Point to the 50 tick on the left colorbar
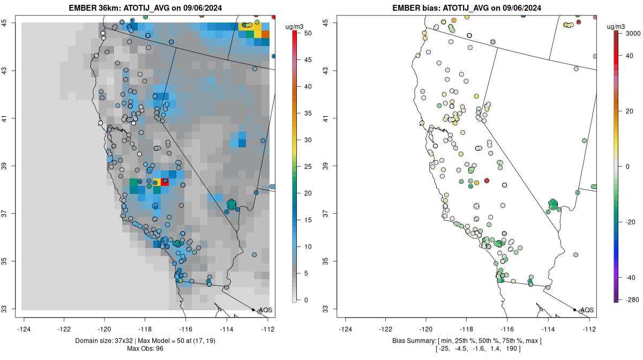307,33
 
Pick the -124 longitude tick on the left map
24,329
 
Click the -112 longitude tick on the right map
589,329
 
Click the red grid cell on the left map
165,182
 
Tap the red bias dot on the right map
487,181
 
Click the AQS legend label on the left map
266,310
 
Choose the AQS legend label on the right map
587,310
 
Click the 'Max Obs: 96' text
146,349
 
